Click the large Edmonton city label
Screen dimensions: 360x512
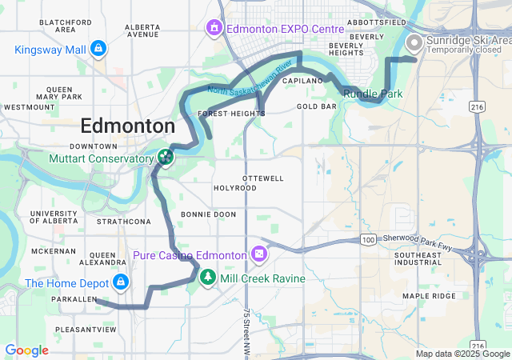point(128,126)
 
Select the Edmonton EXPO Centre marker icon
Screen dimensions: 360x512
point(214,30)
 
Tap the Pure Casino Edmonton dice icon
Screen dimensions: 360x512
point(259,254)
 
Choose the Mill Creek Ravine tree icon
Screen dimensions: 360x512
point(208,277)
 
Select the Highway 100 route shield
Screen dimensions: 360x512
point(367,240)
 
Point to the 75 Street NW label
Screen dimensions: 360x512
point(248,333)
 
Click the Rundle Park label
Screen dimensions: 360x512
point(373,94)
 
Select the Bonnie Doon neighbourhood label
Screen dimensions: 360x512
point(208,214)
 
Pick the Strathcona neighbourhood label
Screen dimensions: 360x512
point(123,221)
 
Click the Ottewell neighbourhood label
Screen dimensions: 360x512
point(262,178)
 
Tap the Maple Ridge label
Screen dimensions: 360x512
point(428,295)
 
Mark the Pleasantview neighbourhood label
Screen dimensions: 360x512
point(86,329)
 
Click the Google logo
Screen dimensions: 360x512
point(26,350)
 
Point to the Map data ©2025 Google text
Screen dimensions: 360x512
point(462,354)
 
